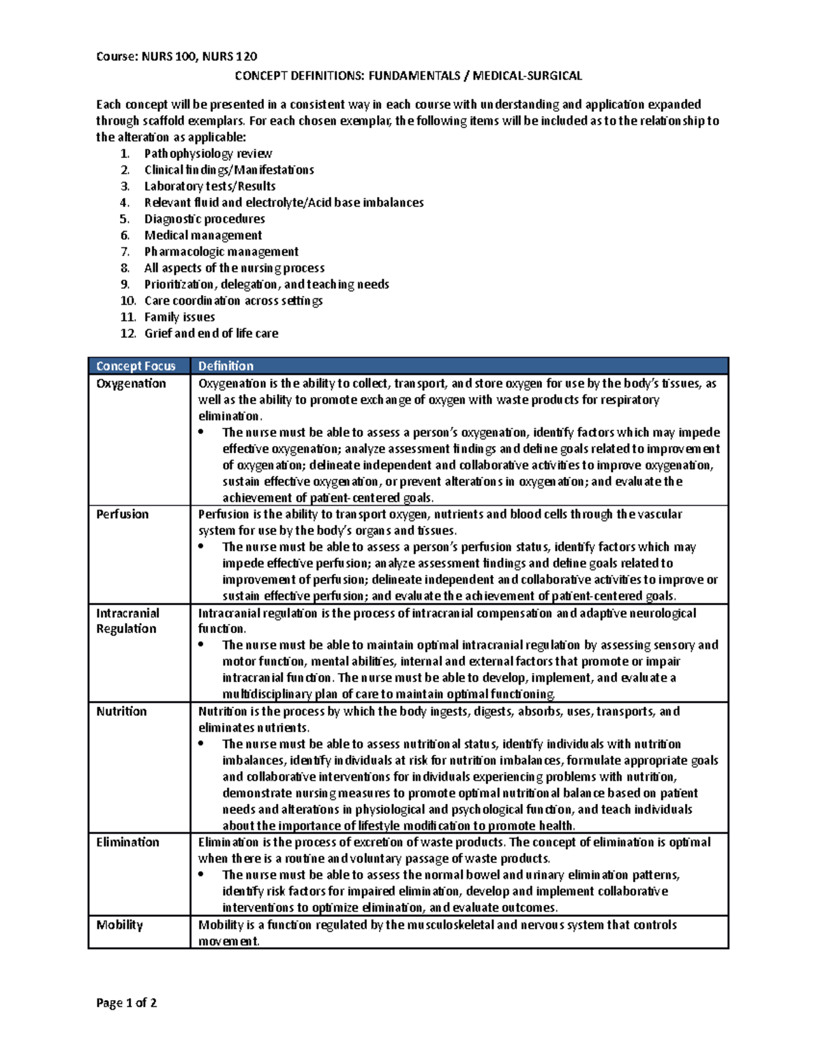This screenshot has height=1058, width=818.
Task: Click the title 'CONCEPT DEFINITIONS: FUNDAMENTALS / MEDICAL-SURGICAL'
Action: (x=408, y=76)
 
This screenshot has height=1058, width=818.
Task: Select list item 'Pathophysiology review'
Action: (x=208, y=153)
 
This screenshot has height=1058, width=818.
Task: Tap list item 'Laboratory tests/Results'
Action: (x=210, y=186)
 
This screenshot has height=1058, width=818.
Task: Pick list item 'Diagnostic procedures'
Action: (x=204, y=219)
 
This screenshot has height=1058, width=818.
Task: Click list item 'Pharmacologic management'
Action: (x=221, y=251)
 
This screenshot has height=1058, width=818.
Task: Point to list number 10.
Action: (x=127, y=300)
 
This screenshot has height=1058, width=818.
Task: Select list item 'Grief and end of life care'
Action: (x=211, y=333)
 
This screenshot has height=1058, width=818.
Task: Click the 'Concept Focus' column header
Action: (x=136, y=366)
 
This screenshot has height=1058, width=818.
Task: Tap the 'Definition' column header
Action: (x=226, y=366)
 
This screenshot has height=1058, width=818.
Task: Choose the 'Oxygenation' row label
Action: (x=131, y=384)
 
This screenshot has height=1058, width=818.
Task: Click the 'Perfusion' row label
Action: (x=122, y=514)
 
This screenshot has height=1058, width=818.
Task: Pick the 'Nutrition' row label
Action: (x=121, y=711)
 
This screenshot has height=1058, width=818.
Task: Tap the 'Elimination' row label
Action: (x=127, y=842)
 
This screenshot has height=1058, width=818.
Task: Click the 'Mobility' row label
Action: (x=119, y=925)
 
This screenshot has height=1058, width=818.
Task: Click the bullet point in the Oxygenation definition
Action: (x=201, y=433)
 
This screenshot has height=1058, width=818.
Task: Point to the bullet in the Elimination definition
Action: (x=201, y=875)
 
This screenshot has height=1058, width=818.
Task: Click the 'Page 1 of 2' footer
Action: (x=127, y=1003)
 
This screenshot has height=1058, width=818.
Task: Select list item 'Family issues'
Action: (x=179, y=317)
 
